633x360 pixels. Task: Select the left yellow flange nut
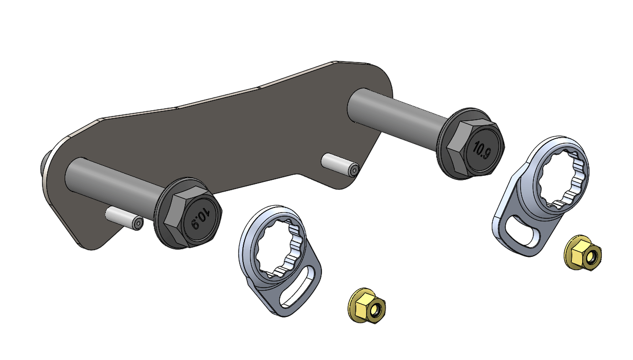click(x=366, y=306)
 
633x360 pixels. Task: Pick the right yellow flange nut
click(x=583, y=253)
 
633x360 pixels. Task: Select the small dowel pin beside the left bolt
click(x=124, y=218)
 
